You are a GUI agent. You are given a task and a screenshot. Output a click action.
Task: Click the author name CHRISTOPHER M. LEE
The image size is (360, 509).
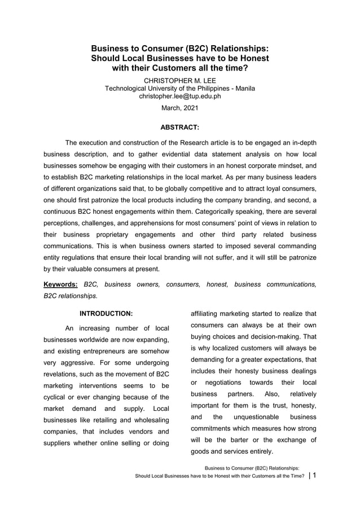(180, 81)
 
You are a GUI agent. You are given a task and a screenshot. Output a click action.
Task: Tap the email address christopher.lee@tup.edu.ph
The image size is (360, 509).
(180, 96)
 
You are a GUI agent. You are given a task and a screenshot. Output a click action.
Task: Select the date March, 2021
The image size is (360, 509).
(180, 108)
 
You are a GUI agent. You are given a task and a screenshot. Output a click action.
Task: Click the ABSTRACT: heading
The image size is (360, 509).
(180, 128)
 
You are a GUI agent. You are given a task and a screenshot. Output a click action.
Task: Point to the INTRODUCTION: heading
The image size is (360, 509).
(107, 313)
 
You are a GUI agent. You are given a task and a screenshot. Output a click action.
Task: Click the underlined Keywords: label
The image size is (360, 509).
(61, 284)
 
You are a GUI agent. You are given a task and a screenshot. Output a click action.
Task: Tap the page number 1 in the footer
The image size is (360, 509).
(314, 475)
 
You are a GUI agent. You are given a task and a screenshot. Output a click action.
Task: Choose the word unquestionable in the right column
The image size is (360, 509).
(256, 417)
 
